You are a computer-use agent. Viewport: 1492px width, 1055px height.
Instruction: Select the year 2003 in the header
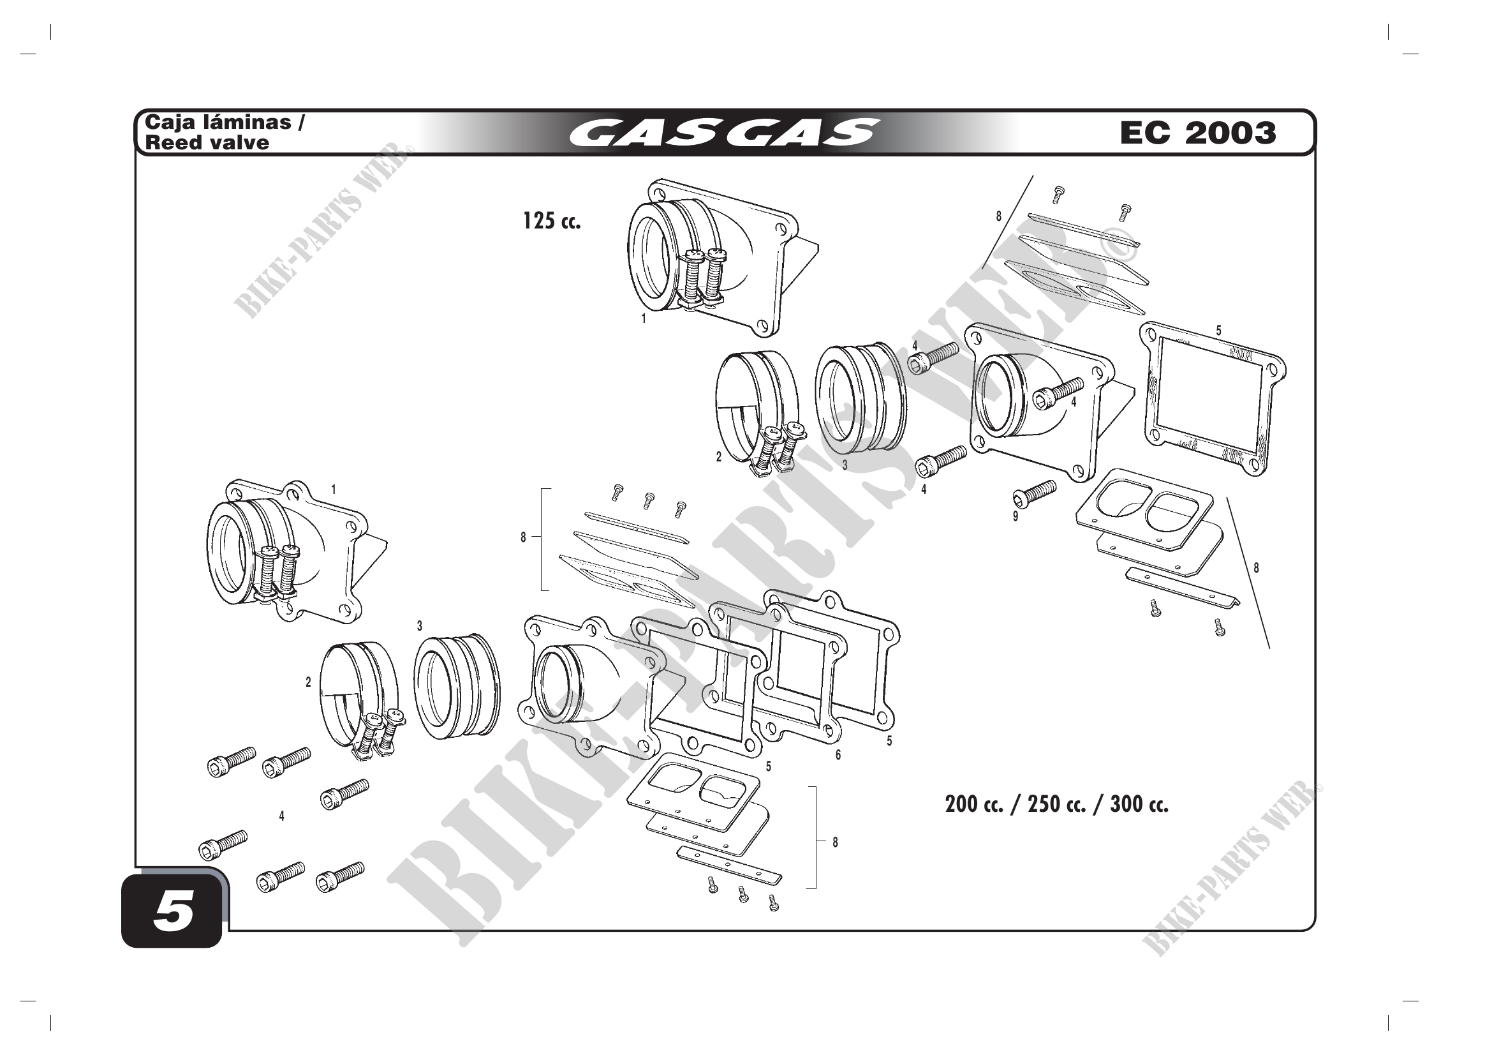pos(1230,133)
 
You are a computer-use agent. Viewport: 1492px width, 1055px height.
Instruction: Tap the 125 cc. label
pos(552,221)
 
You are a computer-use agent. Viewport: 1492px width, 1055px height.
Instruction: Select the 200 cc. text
pos(974,804)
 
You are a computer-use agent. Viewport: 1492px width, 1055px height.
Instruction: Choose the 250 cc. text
pos(1056,804)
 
